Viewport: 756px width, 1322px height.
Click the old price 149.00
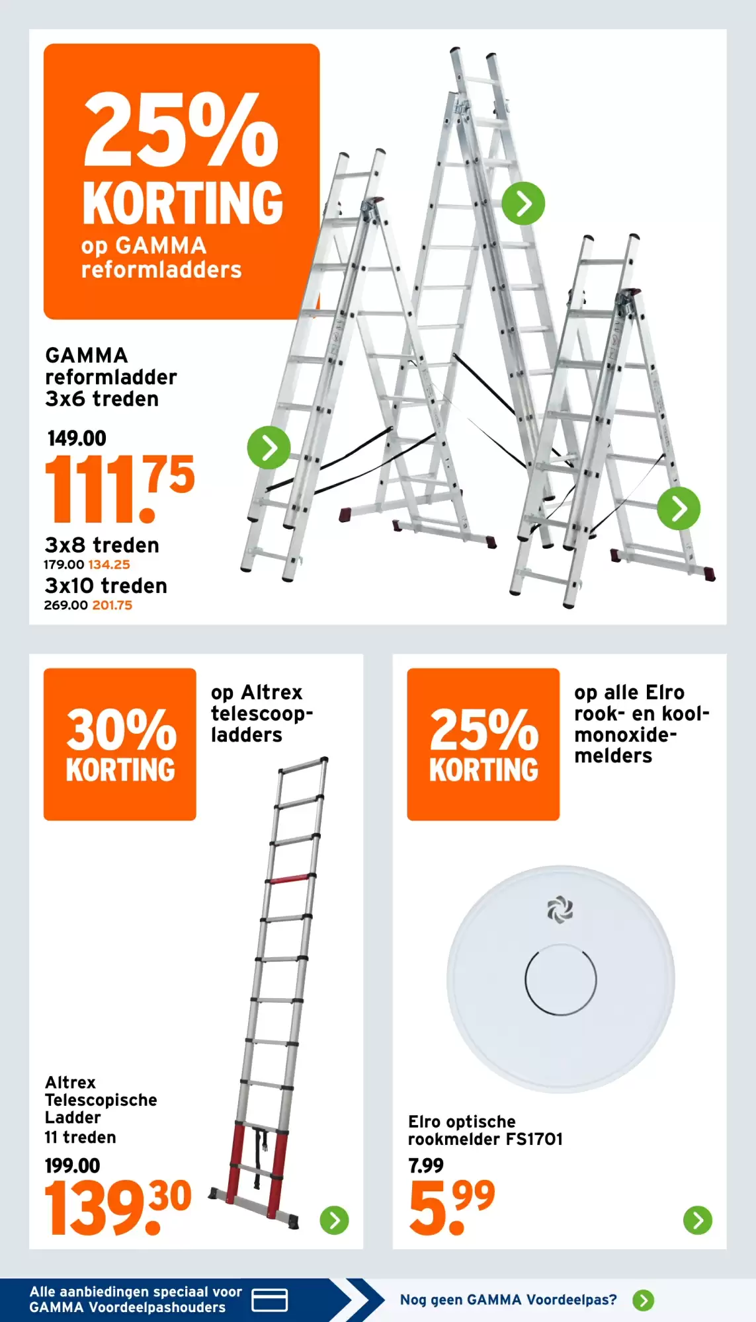pos(77,438)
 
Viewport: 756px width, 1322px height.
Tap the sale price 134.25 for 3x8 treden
pos(109,564)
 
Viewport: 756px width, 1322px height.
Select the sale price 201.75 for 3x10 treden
pos(112,605)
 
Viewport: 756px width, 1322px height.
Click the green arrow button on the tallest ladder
pos(523,204)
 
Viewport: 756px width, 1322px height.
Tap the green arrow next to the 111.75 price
pos(269,447)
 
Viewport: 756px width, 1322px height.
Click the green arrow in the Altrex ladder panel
pos(335,1220)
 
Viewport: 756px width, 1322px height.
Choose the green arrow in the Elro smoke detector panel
pos(698,1220)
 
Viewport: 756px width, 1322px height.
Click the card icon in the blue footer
pos(270,1300)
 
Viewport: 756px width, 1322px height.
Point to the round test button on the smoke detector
pos(561,979)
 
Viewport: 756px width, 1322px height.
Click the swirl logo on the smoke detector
pos(560,910)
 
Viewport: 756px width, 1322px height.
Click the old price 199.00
pos(72,1165)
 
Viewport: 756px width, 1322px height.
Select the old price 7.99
pos(426,1165)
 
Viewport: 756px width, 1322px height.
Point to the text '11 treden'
pos(80,1137)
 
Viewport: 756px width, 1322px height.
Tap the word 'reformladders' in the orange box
pos(161,270)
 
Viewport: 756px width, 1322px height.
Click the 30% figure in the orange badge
pos(121,730)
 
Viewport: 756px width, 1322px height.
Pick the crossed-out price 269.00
pos(65,605)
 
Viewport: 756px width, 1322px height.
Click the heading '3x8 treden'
pos(102,545)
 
